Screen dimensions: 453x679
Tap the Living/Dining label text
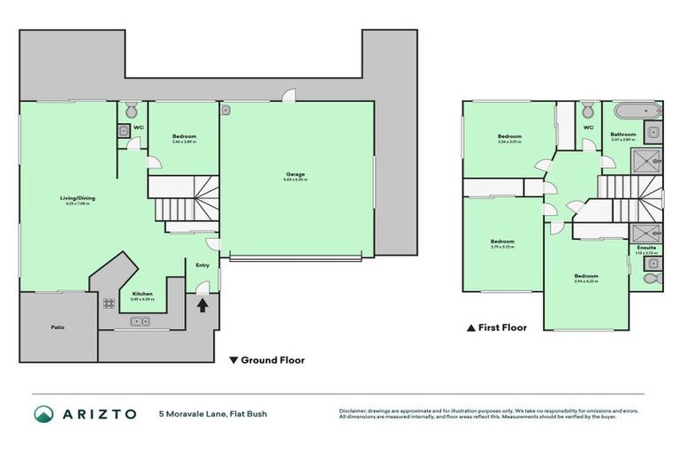click(x=76, y=199)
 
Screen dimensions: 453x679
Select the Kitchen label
click(x=142, y=295)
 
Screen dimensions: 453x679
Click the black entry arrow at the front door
click(x=202, y=305)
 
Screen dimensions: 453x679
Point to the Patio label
click(x=57, y=327)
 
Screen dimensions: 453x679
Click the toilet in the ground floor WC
click(x=131, y=111)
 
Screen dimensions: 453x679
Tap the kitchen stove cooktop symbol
click(x=109, y=303)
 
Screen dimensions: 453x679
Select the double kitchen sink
click(x=141, y=321)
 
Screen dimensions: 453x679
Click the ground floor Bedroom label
click(x=184, y=137)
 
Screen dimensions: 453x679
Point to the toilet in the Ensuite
click(x=652, y=278)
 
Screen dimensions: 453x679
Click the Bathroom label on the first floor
click(x=623, y=135)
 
